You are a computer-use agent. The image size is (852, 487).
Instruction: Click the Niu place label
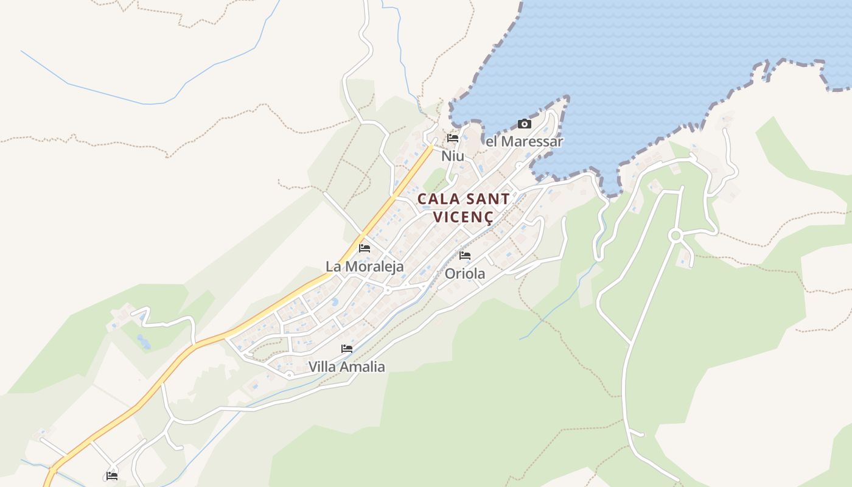coord(453,156)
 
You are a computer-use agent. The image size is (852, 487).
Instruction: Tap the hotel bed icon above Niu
coord(453,138)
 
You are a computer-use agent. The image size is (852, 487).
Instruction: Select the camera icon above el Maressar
coord(524,124)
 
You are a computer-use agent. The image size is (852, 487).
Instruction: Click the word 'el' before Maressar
coord(492,141)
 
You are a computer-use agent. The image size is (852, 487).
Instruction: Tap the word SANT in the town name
coord(487,199)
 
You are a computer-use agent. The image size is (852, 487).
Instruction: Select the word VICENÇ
coord(463,217)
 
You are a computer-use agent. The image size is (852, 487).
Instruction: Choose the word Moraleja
coord(373,267)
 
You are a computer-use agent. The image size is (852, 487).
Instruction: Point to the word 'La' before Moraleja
coord(333,267)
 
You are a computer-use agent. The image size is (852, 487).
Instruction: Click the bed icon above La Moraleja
coord(365,248)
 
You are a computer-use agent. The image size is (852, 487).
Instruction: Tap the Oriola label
coord(465,274)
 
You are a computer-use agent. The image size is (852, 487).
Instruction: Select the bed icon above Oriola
coord(466,256)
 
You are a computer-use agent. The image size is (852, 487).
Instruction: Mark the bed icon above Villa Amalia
coord(347,349)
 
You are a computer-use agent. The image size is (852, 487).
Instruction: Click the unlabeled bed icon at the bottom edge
coord(112,476)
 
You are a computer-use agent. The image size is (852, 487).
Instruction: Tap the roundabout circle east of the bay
coord(675,236)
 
